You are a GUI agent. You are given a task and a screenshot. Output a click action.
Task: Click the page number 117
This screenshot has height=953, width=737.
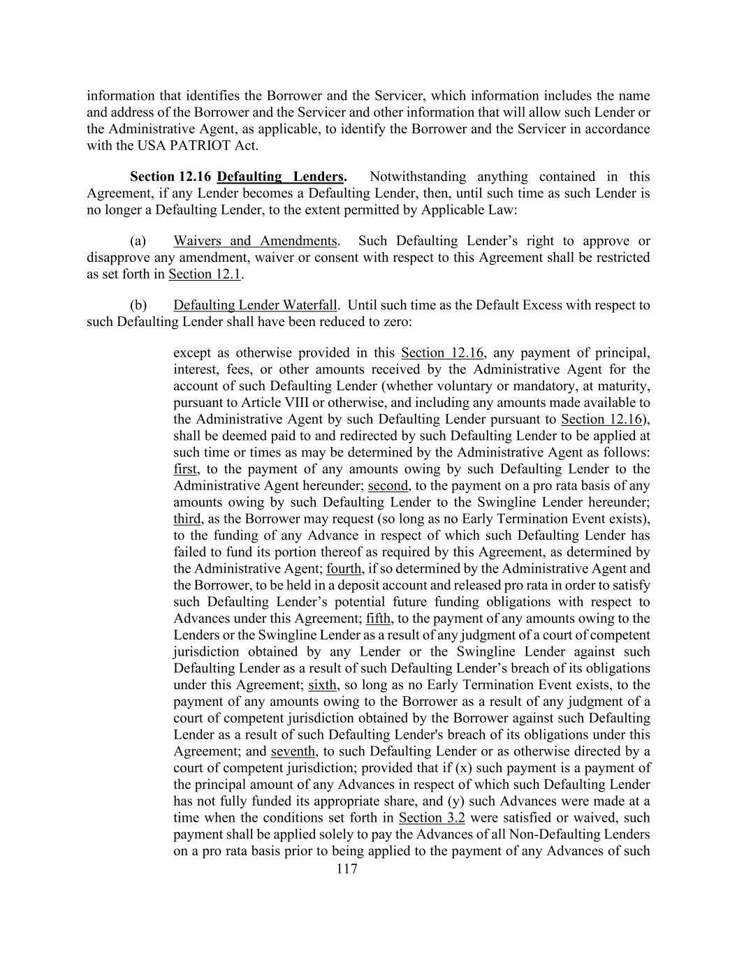coord(346,869)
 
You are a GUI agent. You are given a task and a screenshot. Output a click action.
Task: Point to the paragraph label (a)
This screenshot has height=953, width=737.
coord(138,241)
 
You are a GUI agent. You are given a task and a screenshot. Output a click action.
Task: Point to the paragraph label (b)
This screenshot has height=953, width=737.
coord(138,305)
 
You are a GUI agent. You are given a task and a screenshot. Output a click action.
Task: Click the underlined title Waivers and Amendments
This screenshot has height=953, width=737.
coord(255,241)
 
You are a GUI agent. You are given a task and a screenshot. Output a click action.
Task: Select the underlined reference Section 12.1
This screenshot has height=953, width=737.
coord(205,274)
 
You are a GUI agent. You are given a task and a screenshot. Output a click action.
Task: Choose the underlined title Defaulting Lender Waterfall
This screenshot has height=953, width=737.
coord(255,305)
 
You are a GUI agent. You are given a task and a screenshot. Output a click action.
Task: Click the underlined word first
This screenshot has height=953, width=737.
coord(185,469)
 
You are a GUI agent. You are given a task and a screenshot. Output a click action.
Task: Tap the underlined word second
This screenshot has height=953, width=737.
coord(388,486)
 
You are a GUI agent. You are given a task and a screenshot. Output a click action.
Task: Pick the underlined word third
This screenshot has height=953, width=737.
coord(187,519)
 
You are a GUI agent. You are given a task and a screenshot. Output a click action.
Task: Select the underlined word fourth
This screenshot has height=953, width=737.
coord(344,569)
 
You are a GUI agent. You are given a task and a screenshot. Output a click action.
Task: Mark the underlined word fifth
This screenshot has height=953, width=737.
coord(379,619)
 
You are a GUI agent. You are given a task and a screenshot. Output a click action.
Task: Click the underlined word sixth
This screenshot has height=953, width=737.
coord(323,685)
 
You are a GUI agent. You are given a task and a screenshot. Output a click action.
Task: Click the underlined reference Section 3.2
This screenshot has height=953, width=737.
coord(432,818)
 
